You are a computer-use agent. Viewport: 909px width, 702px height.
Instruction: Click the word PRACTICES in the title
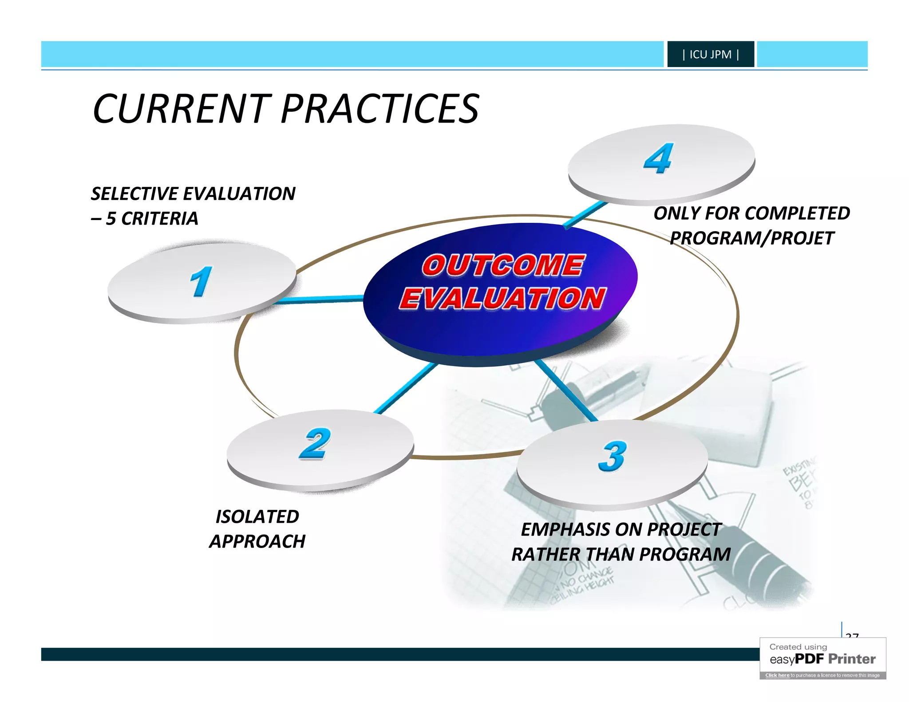point(380,109)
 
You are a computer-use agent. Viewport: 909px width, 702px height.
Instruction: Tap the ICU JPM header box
point(710,54)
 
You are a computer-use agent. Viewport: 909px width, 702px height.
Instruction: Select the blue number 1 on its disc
point(201,281)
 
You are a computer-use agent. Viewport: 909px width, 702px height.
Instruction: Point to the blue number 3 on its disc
point(613,456)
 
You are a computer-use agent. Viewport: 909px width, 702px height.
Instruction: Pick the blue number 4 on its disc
point(659,158)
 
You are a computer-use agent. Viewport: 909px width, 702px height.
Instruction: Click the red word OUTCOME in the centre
point(503,265)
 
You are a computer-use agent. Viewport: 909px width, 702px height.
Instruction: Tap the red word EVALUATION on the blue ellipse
point(502,298)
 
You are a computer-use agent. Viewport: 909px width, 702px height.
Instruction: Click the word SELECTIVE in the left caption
point(134,194)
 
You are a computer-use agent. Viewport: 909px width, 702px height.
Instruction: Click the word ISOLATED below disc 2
point(257,517)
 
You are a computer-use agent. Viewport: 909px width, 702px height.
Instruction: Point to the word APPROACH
point(257,542)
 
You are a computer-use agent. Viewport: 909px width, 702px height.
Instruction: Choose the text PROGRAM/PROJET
point(752,238)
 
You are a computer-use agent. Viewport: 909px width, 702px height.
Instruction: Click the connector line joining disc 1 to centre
point(320,300)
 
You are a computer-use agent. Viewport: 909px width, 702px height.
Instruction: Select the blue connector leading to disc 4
point(585,214)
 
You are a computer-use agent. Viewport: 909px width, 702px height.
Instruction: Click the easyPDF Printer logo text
point(822,659)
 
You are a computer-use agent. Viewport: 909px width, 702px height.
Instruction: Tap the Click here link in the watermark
point(777,675)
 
